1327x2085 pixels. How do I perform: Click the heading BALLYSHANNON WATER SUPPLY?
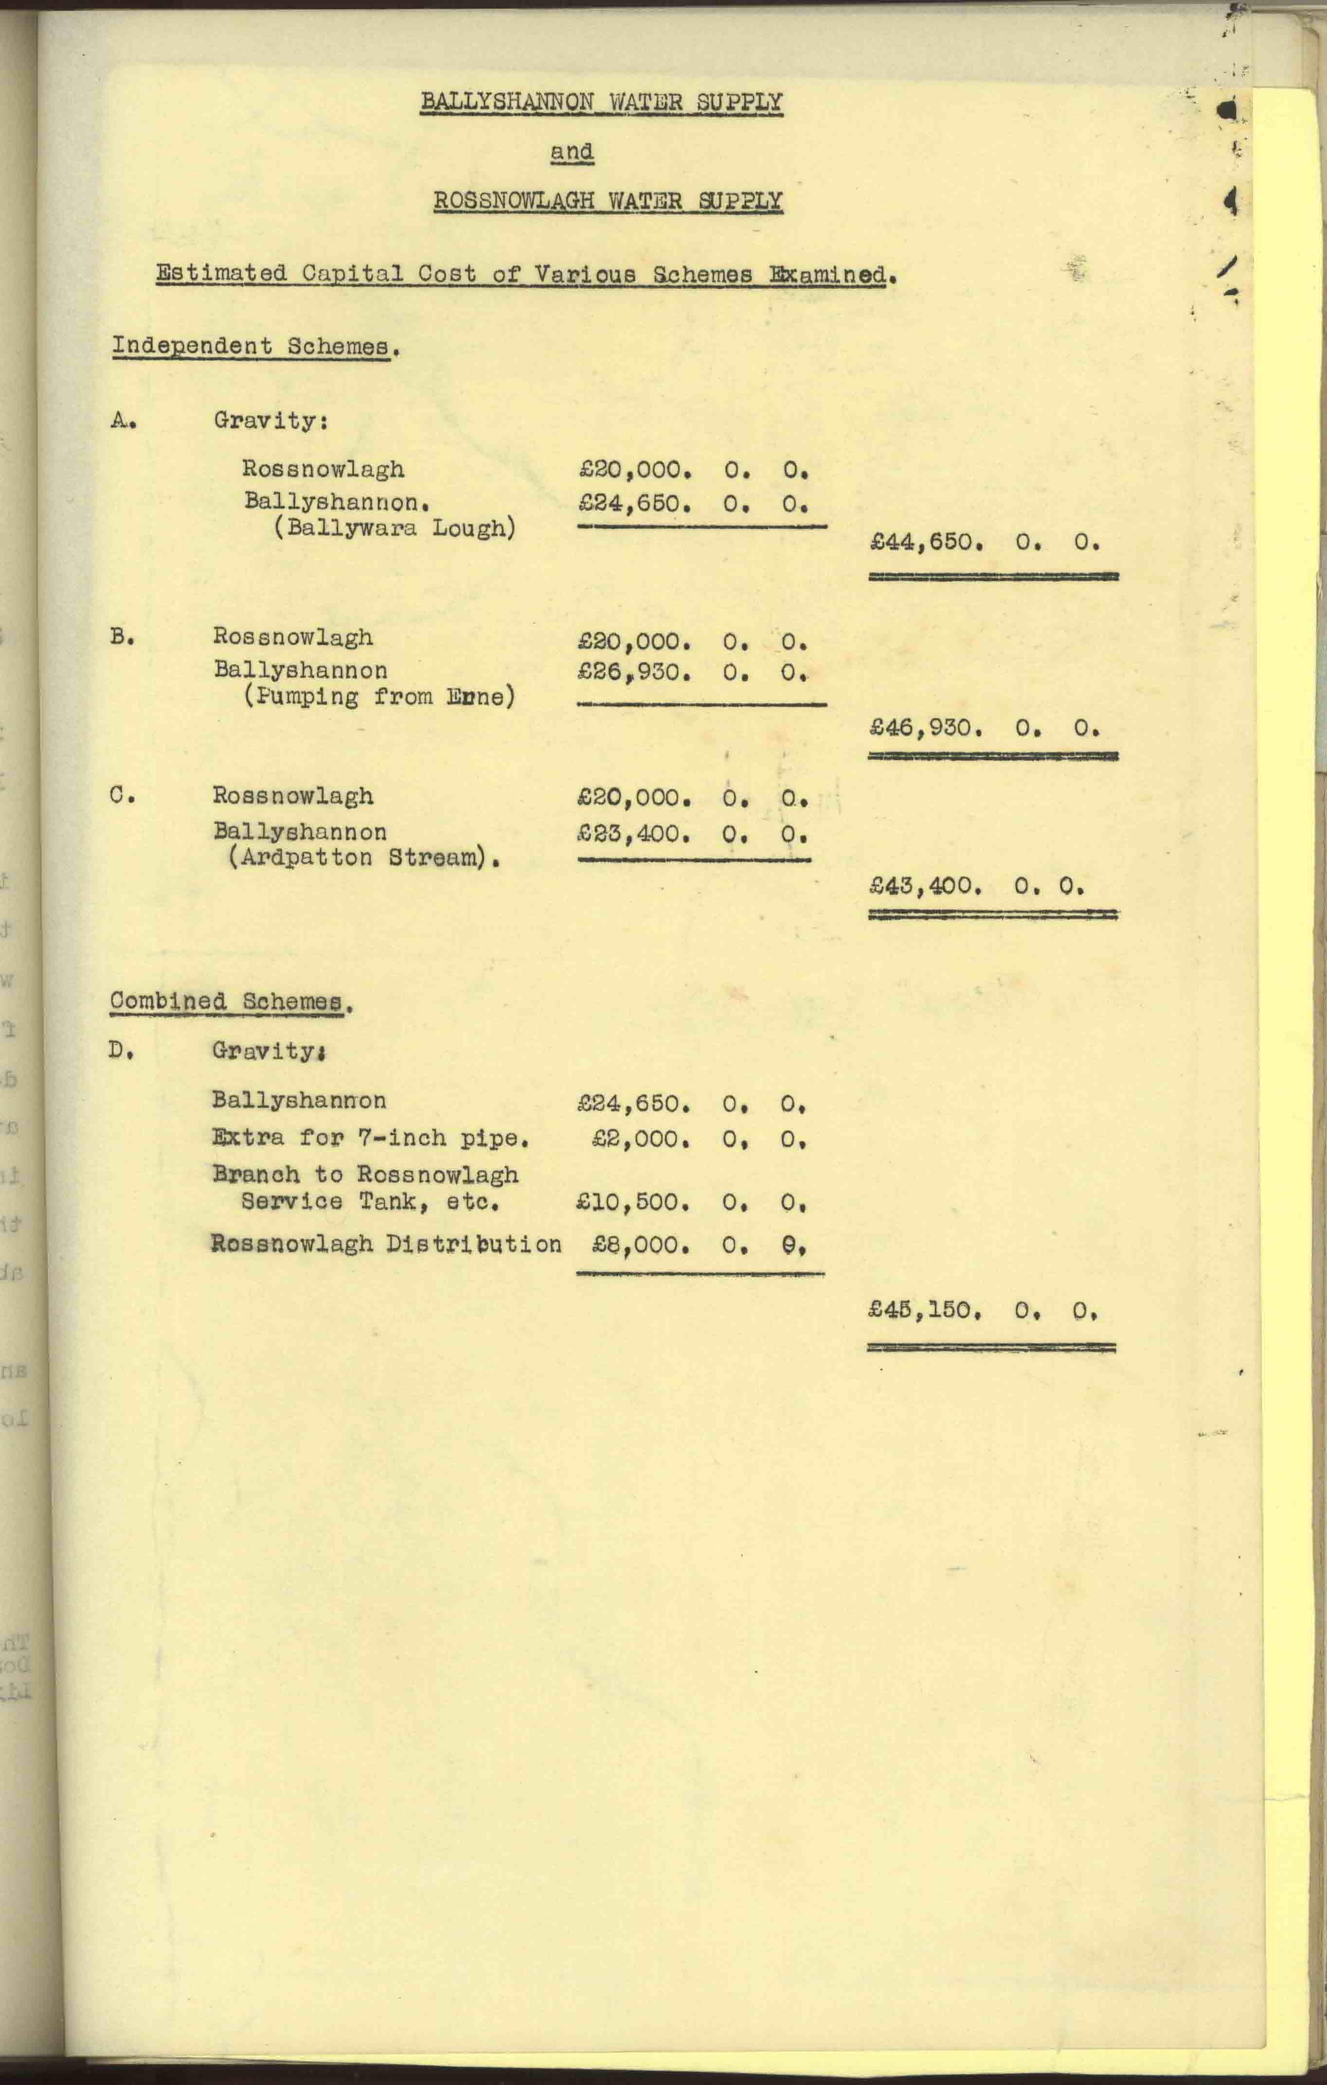coord(601,102)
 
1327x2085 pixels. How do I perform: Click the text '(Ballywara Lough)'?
coord(395,528)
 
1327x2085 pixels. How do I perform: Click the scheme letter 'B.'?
coord(121,637)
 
